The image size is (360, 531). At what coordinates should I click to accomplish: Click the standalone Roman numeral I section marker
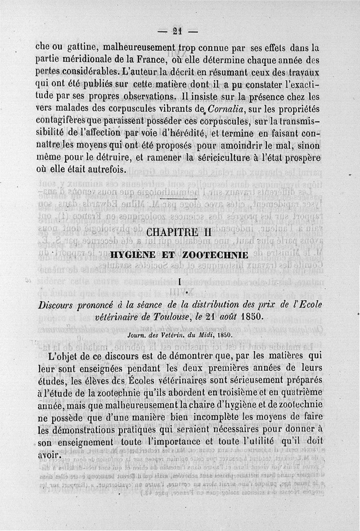click(180, 283)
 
